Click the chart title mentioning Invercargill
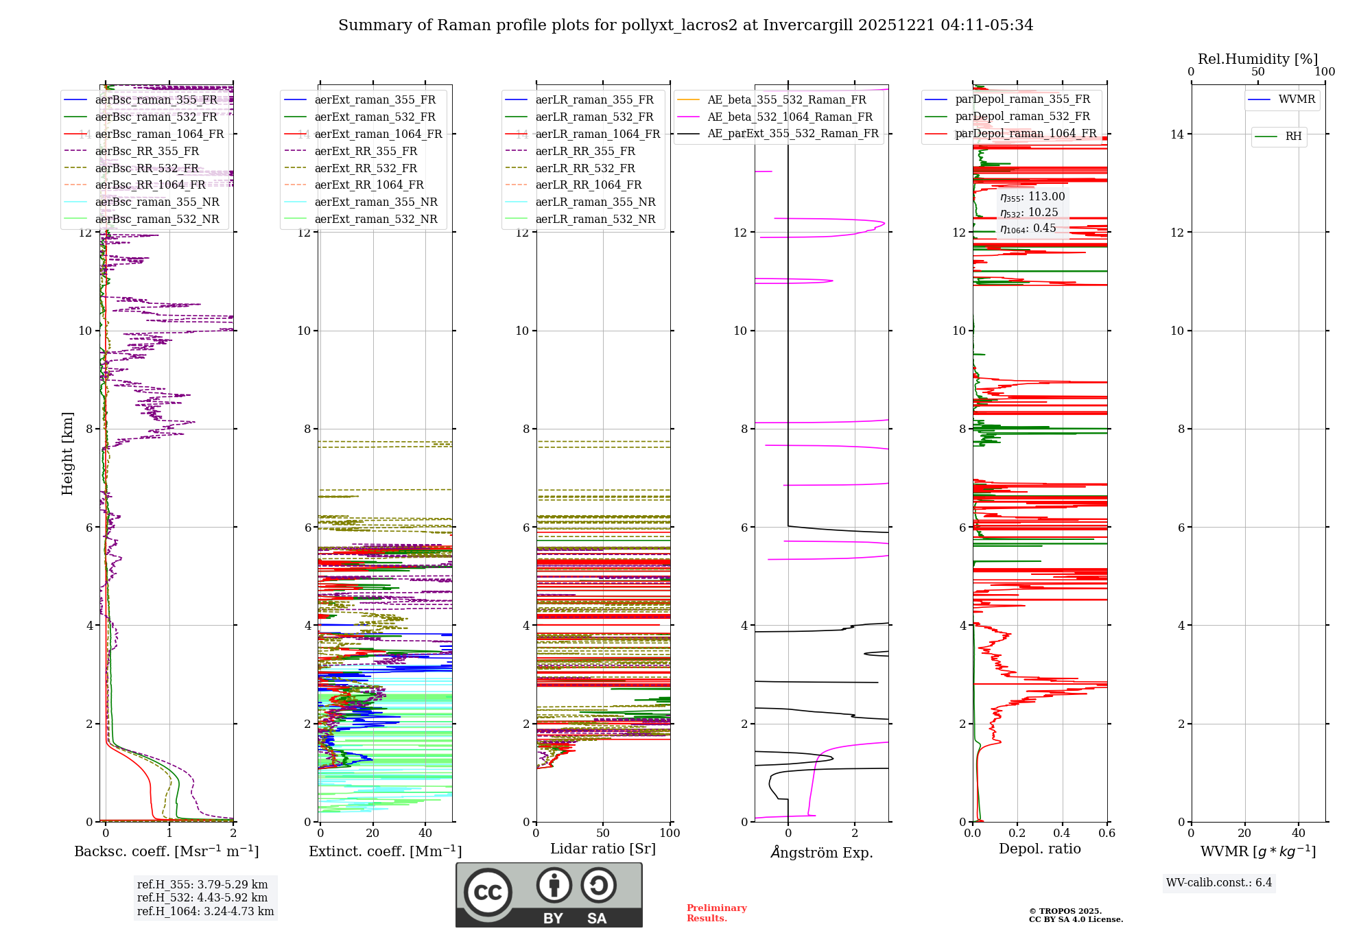[685, 25]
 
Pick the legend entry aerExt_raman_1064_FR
[378, 134]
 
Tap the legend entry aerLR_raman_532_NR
[595, 219]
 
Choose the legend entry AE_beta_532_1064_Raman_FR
[790, 117]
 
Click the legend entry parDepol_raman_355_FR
[1022, 99]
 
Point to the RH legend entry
[1293, 137]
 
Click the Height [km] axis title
[67, 453]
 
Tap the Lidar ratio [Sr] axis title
[602, 849]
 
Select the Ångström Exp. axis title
[821, 852]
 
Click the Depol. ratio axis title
[1039, 849]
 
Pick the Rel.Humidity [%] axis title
[1257, 59]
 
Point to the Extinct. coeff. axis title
[385, 851]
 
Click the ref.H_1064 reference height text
[205, 911]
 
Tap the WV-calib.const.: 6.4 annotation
[1218, 882]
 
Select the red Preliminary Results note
[716, 912]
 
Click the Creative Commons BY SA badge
[549, 895]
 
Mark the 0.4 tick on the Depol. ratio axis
[1062, 833]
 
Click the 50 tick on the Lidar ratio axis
[603, 833]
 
